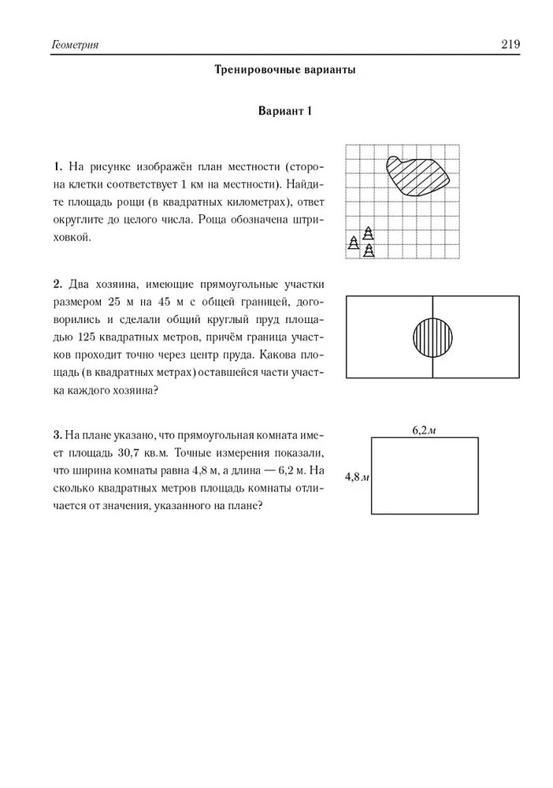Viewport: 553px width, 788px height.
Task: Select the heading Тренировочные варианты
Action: pyautogui.click(x=285, y=69)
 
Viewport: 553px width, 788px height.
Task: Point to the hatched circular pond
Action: pyautogui.click(x=432, y=337)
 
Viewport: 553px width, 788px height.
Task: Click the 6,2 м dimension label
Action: pyautogui.click(x=425, y=430)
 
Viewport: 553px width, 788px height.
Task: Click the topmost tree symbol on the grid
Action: pyautogui.click(x=368, y=233)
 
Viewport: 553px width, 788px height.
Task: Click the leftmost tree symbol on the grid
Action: pyautogui.click(x=354, y=243)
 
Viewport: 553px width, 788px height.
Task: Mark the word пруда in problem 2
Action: pyautogui.click(x=245, y=355)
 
